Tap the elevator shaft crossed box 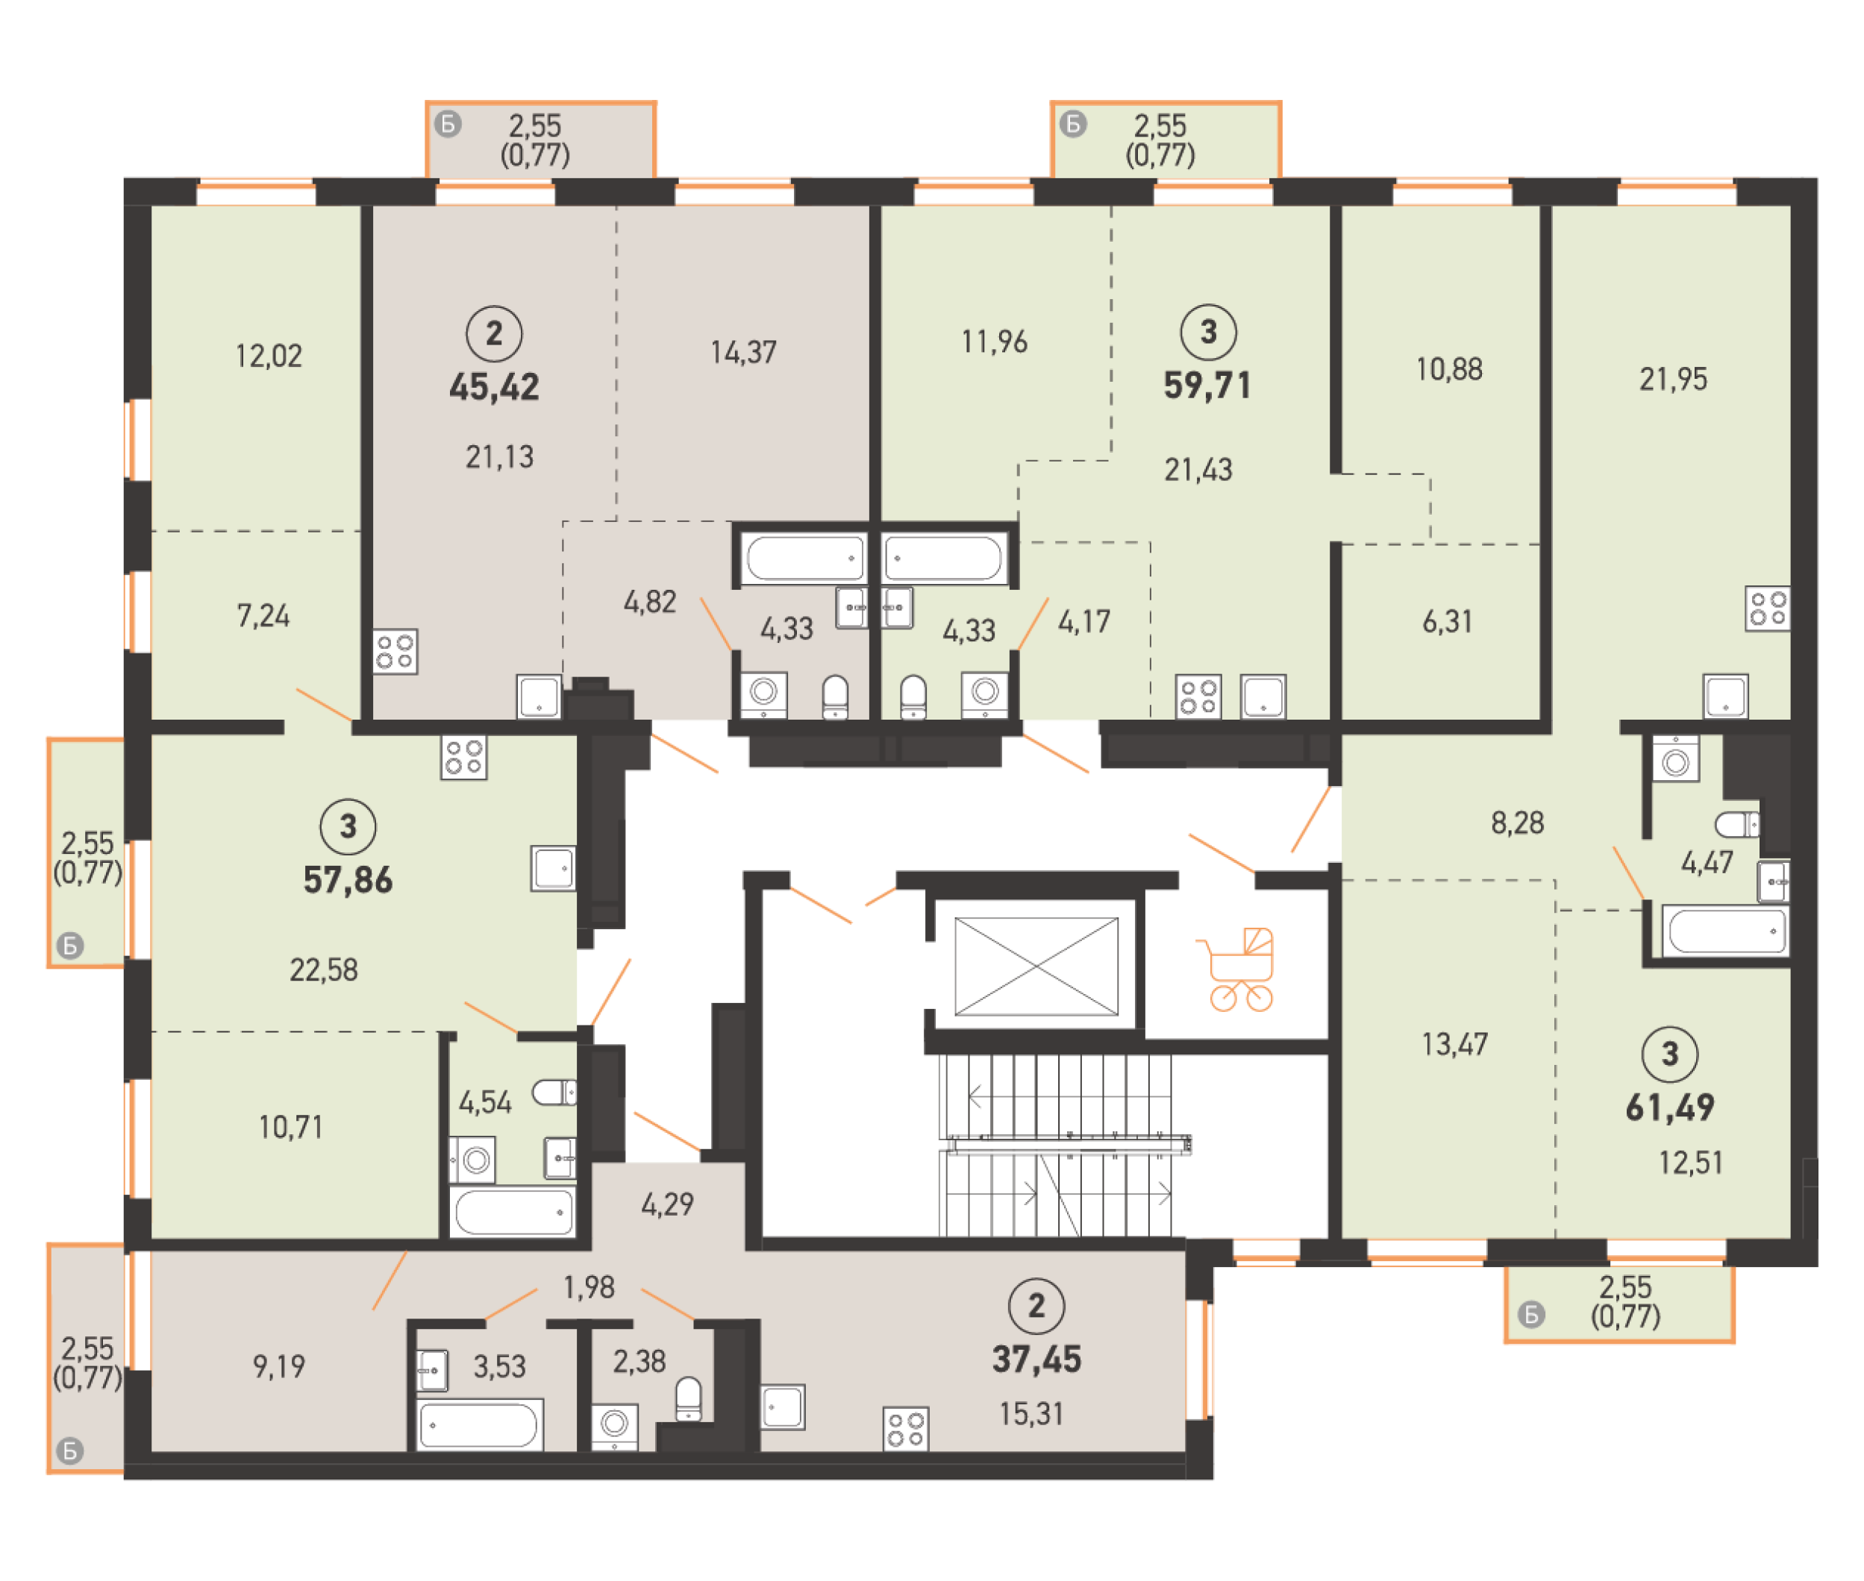pos(1036,967)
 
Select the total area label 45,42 pos(495,387)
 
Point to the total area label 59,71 pos(1207,386)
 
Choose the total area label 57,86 pos(348,880)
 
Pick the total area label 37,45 pos(1036,1360)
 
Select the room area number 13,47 pos(1454,1044)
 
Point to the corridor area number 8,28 pos(1517,823)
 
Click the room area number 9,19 pos(279,1367)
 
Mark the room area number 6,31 pos(1447,622)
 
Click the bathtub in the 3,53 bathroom pos(480,1424)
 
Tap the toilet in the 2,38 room pos(688,1399)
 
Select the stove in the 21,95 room pos(1767,609)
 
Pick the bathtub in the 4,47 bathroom pos(1726,931)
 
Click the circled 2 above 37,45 pos(1036,1306)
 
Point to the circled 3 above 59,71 pos(1207,332)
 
